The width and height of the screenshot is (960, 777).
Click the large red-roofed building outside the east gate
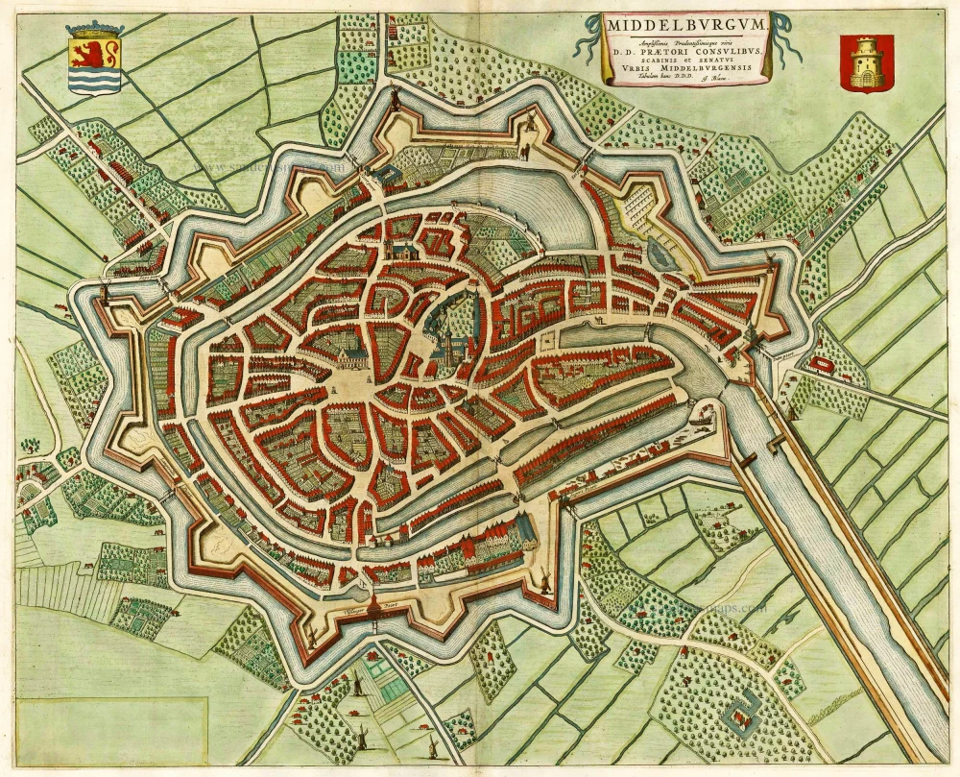(x=822, y=364)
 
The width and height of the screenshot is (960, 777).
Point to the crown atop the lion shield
(x=94, y=30)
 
